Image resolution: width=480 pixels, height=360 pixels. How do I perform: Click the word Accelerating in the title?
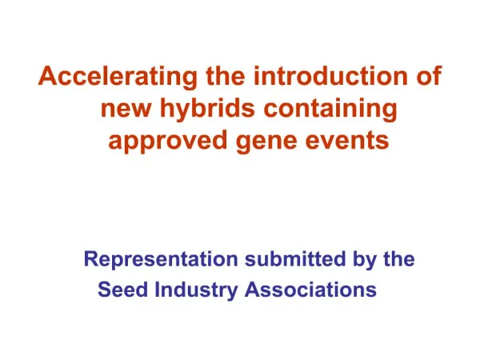tap(118, 77)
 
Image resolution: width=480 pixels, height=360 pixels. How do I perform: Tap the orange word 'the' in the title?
tap(226, 75)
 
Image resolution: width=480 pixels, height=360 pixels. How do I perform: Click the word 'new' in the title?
tap(126, 109)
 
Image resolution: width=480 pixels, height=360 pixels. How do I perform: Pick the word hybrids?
tap(207, 109)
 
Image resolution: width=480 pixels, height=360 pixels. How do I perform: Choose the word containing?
tap(330, 109)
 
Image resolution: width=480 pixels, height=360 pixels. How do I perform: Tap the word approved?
tap(167, 142)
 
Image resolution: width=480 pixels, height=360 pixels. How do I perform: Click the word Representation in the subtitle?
tap(161, 259)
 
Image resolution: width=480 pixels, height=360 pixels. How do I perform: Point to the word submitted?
tap(295, 258)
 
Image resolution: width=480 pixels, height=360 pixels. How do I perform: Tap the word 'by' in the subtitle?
tap(364, 260)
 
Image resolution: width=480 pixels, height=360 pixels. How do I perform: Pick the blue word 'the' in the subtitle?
tap(399, 258)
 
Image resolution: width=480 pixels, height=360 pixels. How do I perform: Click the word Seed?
tap(122, 290)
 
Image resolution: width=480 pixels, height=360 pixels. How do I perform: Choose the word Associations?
tap(310, 290)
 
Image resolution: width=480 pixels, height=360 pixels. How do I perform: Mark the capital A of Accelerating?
tap(48, 76)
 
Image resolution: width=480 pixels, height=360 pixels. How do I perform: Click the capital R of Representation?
tap(91, 259)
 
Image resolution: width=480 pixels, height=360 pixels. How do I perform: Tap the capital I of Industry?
tap(157, 290)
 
